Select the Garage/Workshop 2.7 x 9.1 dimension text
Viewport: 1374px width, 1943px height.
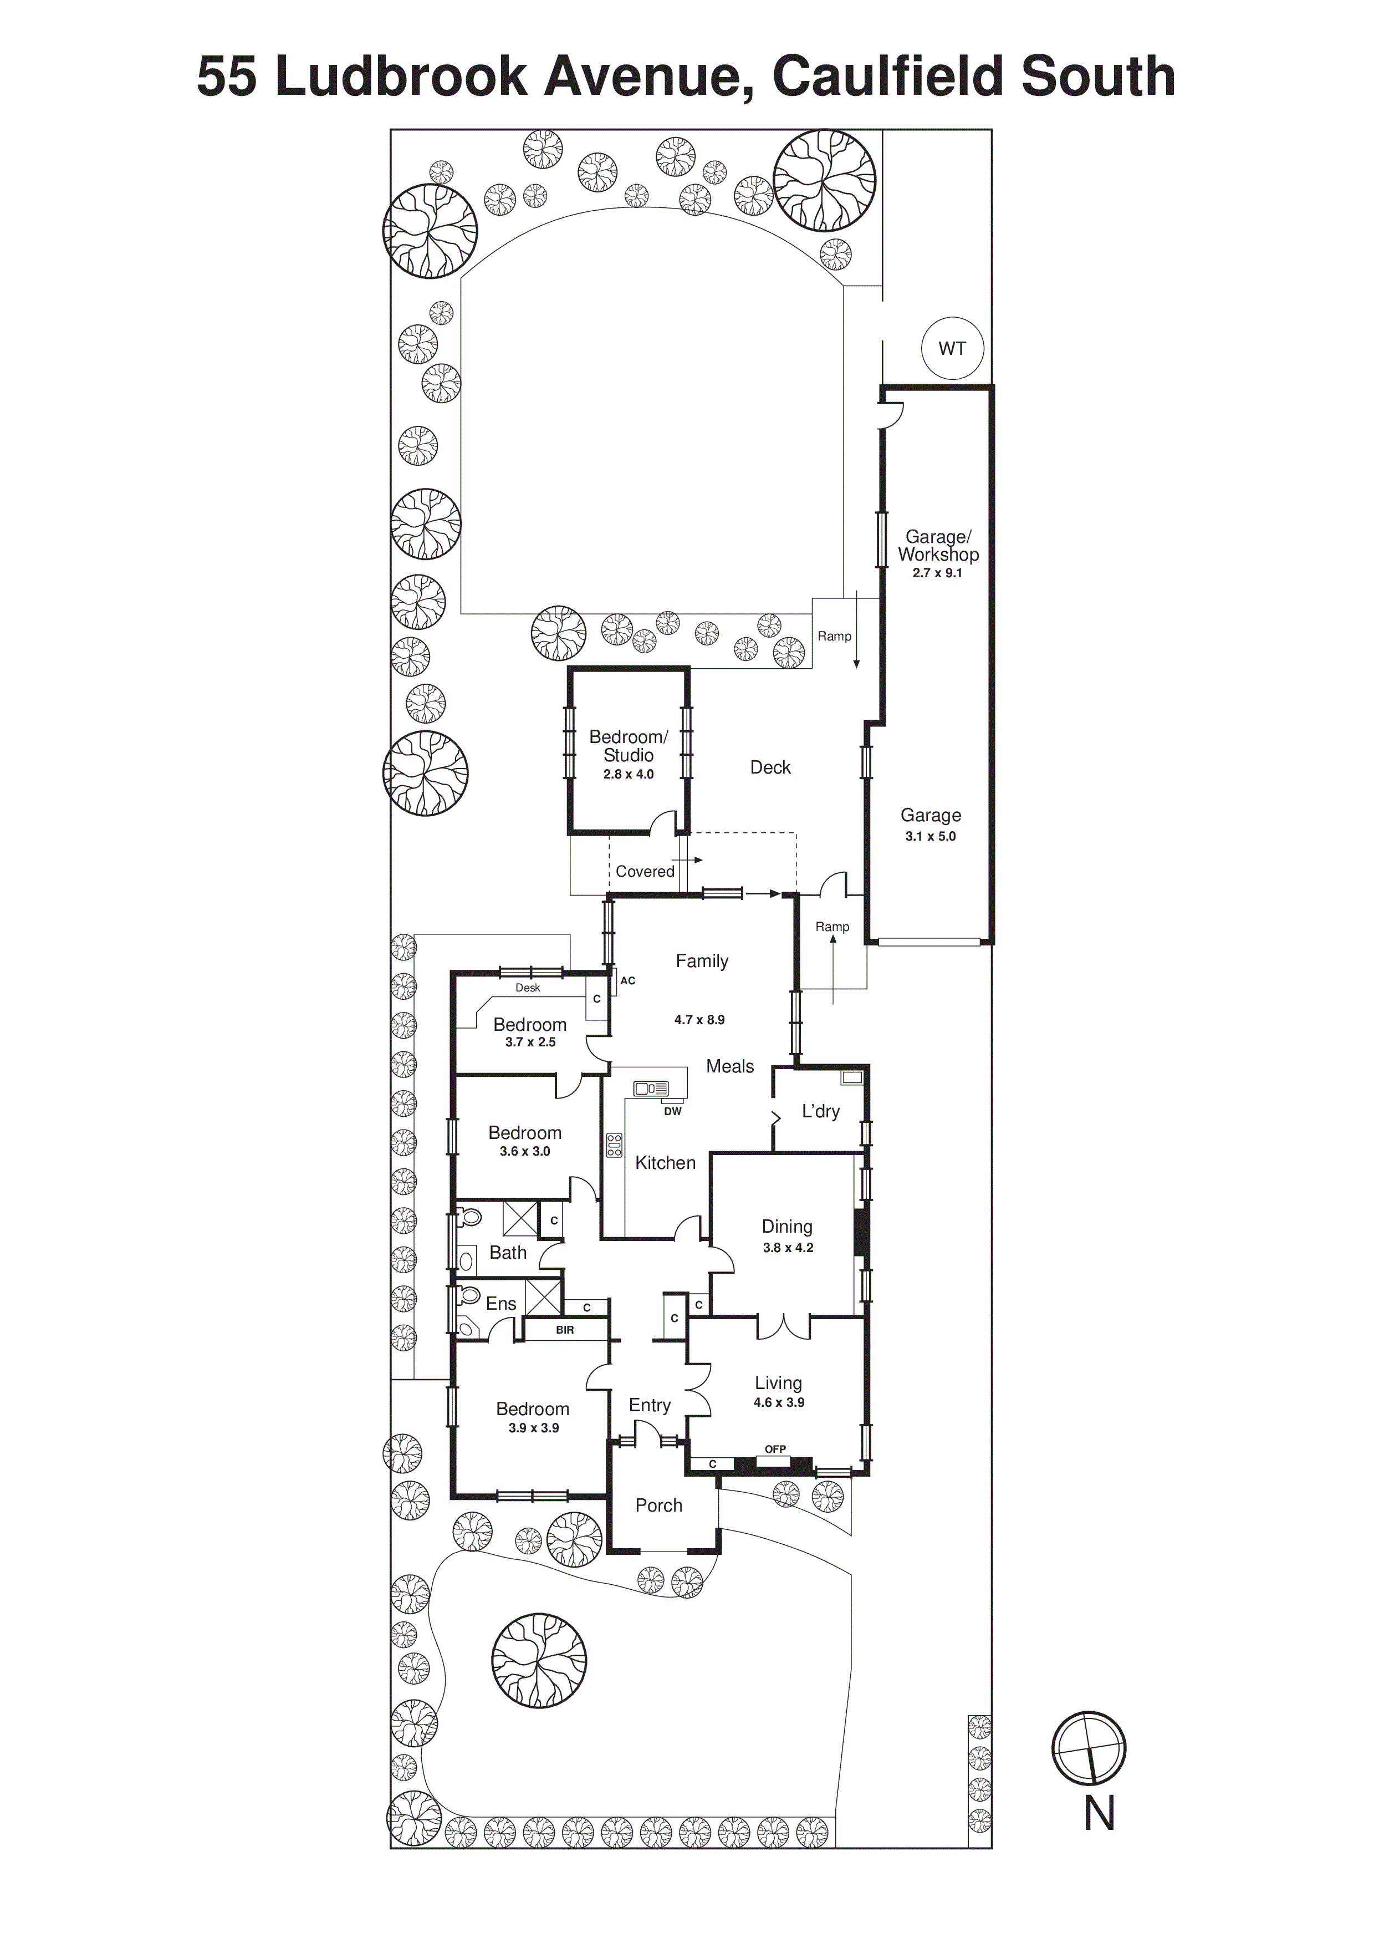tap(937, 573)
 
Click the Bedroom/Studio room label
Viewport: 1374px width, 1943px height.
tap(628, 746)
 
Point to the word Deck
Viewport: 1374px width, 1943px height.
tap(770, 767)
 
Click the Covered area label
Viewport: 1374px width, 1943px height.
tap(645, 872)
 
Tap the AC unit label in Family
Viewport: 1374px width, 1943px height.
tap(628, 981)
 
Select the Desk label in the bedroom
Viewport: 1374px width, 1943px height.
tap(528, 988)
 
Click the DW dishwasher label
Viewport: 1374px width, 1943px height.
tap(673, 1111)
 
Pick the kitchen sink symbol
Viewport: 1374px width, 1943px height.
tap(651, 1089)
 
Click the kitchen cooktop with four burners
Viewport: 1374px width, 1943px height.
tap(614, 1146)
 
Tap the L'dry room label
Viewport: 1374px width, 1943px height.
tap(821, 1111)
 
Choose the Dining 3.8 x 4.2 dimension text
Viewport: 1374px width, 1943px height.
tap(788, 1248)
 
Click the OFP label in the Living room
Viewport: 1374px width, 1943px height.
tap(775, 1449)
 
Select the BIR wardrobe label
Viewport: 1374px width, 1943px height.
tap(564, 1330)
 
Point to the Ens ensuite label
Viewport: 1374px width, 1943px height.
tap(501, 1304)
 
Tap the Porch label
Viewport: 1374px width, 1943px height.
tap(658, 1505)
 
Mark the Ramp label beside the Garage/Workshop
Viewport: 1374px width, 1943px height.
tap(834, 637)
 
